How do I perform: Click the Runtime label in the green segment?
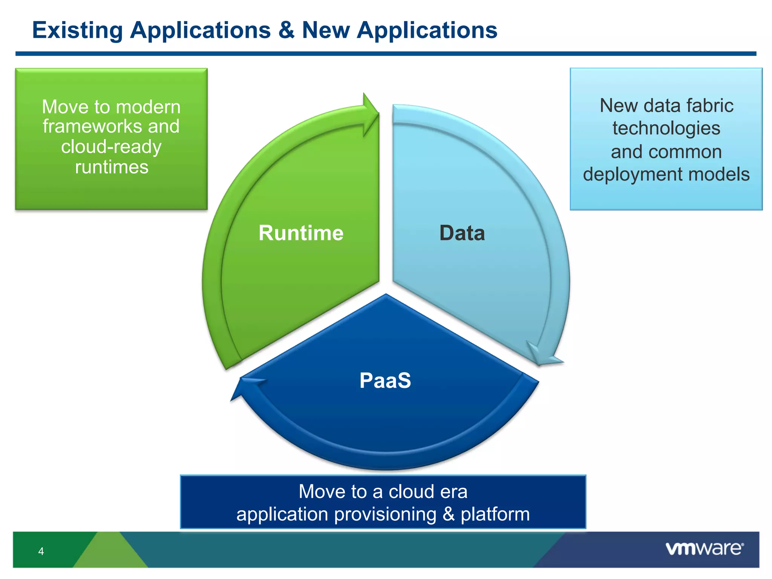tap(301, 233)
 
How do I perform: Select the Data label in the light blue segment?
tap(462, 233)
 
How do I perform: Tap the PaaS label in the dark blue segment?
tap(385, 380)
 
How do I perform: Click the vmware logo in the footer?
tap(704, 548)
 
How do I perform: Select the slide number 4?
tap(41, 551)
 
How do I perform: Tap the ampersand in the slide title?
tap(286, 30)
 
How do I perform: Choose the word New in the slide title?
tap(326, 30)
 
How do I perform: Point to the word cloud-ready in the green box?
tap(111, 147)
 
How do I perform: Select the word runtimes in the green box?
tap(112, 167)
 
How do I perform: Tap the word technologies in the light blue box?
tap(666, 129)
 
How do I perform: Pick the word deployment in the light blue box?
tap(628, 175)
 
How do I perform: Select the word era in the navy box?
tap(453, 492)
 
